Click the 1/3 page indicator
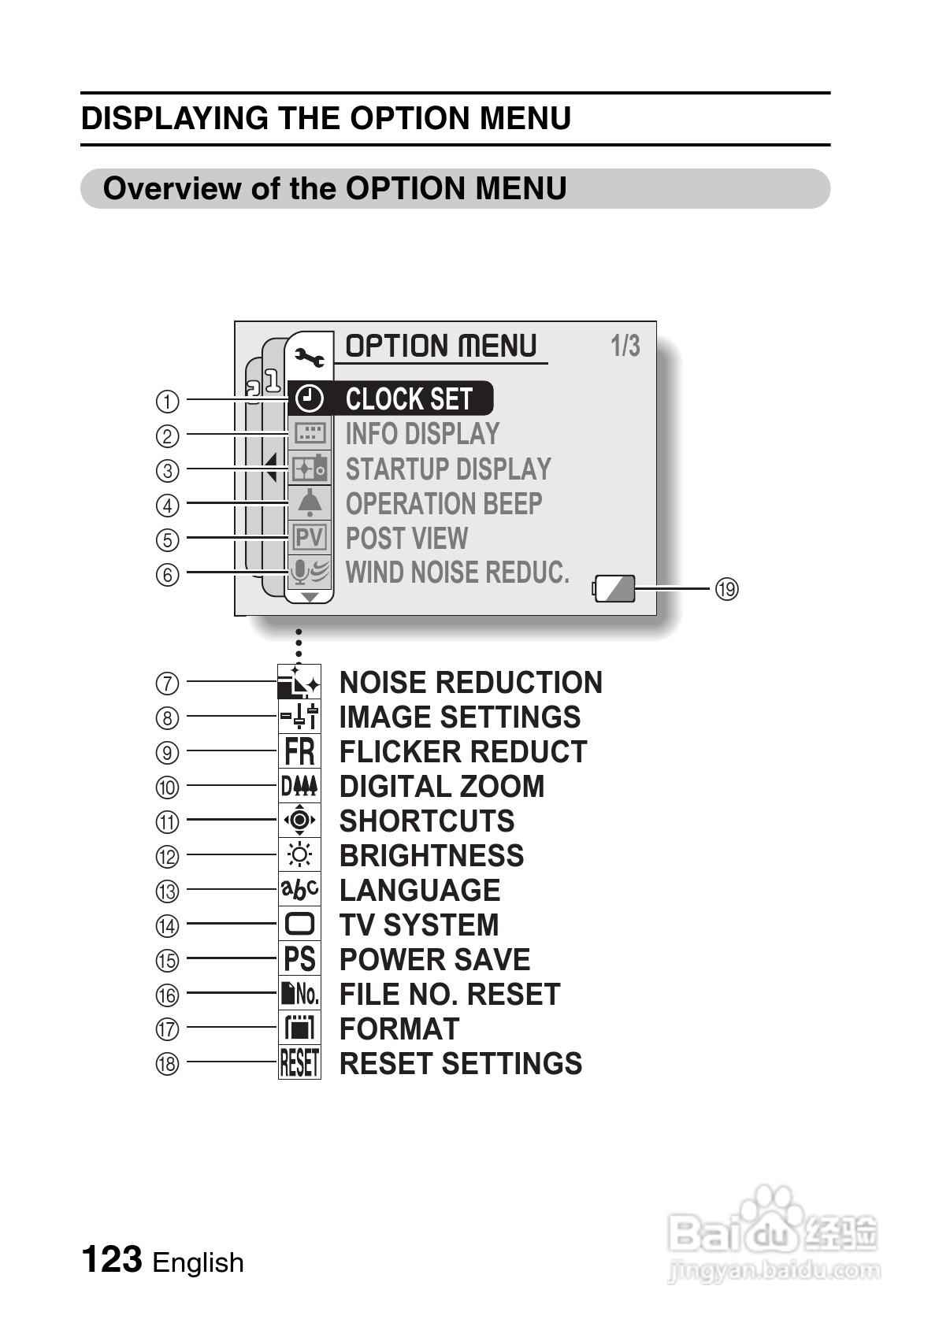coord(625,346)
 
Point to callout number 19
coord(726,588)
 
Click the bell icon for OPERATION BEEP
coord(310,502)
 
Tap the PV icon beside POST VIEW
coord(309,538)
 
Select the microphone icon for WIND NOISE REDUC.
coord(308,572)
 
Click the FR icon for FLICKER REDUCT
coord(299,751)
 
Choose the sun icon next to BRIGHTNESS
coord(299,855)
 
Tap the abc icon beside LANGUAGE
coord(299,890)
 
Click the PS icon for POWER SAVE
coord(299,959)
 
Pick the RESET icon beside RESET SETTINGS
coord(299,1063)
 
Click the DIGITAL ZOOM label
coord(442,786)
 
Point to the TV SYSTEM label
coord(419,925)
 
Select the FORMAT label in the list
coord(399,1028)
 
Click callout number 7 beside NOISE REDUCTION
coord(167,683)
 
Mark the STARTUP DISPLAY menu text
coord(448,469)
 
